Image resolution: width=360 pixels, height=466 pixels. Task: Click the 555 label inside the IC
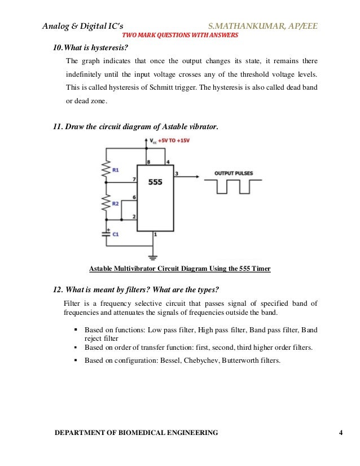tap(156, 183)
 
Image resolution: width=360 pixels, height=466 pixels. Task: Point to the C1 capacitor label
tap(116, 235)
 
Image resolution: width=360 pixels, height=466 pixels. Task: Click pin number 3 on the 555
tap(177, 173)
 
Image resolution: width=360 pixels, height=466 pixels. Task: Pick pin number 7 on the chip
tap(134, 179)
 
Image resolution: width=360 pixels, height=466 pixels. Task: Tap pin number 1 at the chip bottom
tap(156, 234)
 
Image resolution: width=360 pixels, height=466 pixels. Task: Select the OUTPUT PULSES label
tap(233, 173)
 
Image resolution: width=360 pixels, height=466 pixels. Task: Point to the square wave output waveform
tap(233, 187)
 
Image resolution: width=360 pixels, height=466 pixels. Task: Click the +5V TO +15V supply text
tap(175, 139)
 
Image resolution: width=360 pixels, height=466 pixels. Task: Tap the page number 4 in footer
tap(341, 433)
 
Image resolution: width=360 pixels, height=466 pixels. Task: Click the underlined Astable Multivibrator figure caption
tap(180, 269)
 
